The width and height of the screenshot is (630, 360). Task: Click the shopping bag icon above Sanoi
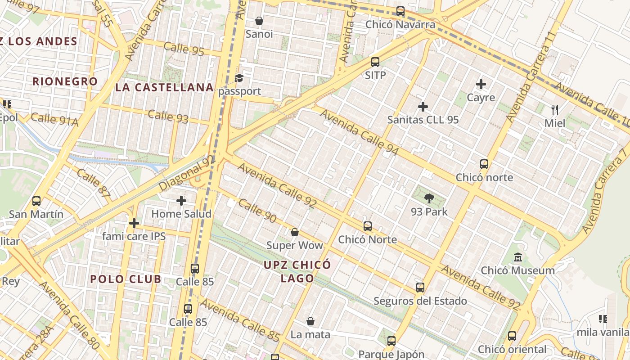point(259,21)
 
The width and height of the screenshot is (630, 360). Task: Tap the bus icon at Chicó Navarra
point(400,11)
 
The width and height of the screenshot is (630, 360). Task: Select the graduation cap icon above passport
point(239,78)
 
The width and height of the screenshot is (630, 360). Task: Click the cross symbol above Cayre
point(481,84)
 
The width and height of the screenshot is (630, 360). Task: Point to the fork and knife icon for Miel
point(555,109)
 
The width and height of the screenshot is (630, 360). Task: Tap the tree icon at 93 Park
point(429,198)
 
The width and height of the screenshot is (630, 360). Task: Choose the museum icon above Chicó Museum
point(518,258)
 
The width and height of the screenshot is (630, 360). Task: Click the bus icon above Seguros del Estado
point(420,288)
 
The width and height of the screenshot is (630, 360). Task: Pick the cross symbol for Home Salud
point(181,201)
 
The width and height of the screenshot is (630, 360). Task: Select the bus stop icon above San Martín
point(36,201)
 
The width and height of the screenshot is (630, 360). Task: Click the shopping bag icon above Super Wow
point(294,232)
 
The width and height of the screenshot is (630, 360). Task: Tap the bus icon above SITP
point(375,62)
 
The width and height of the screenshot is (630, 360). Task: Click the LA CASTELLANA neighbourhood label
point(164,87)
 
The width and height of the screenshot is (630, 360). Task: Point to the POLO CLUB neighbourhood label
point(126,279)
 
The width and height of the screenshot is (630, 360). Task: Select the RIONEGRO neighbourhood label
point(65,81)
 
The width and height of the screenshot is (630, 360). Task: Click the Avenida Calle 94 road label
point(359,132)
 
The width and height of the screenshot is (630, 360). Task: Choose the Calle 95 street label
point(184,49)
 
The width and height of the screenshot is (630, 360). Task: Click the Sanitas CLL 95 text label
point(423,120)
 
